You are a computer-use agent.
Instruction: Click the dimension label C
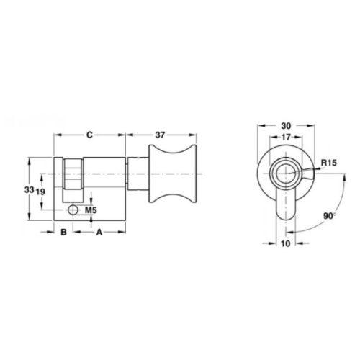(89, 135)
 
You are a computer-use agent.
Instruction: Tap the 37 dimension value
(160, 135)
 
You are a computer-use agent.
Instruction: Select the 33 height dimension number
(29, 190)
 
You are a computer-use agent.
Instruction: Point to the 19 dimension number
(40, 192)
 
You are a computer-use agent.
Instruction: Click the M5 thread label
(91, 210)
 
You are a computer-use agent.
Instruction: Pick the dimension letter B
(63, 232)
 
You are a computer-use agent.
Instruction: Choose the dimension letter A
(99, 232)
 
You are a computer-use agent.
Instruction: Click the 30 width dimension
(286, 125)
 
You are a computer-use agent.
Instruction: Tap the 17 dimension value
(286, 137)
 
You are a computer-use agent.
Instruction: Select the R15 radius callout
(329, 163)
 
